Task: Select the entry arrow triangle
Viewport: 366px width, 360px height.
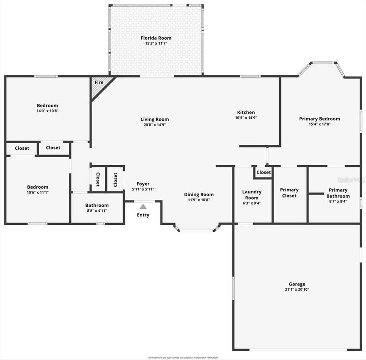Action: (x=143, y=206)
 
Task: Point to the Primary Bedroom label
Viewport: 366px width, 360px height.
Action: (x=319, y=119)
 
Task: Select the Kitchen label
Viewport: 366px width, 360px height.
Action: (x=246, y=113)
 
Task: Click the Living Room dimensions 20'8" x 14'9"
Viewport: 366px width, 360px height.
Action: (x=154, y=125)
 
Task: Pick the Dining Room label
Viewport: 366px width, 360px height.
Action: (x=199, y=195)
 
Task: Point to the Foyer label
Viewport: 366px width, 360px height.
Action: (x=143, y=184)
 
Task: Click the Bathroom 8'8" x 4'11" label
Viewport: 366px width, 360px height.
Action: (x=97, y=205)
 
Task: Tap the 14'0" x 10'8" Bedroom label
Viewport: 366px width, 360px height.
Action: (x=47, y=106)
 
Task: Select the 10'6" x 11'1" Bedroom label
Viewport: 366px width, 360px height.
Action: (x=37, y=187)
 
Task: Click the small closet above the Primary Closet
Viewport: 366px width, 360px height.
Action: (x=263, y=172)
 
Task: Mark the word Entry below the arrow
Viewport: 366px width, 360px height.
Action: (x=143, y=215)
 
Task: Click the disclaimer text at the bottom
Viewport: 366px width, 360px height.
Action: (x=183, y=357)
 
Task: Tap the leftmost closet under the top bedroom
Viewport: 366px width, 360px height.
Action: (x=22, y=148)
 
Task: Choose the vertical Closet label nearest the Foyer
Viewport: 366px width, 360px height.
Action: (x=115, y=179)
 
